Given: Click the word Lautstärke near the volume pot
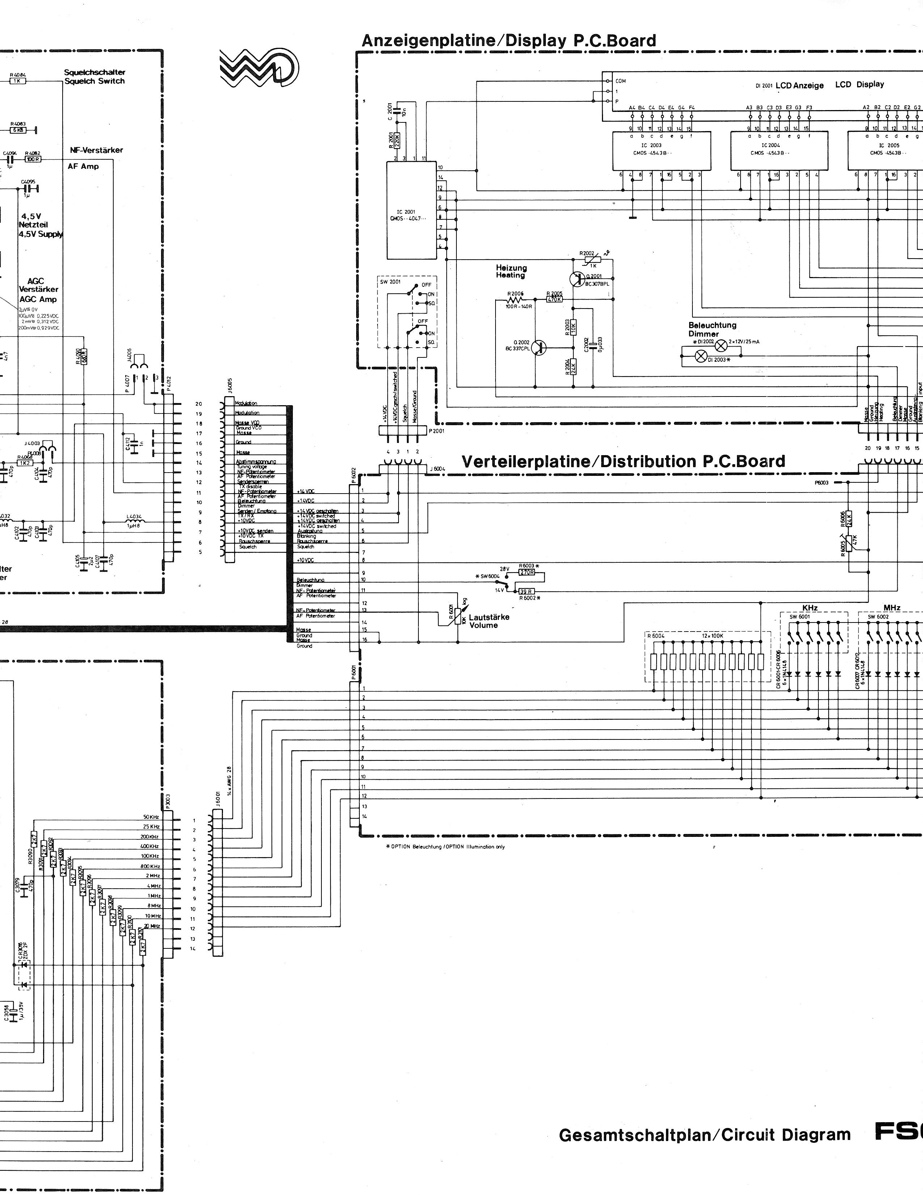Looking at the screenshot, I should pos(489,617).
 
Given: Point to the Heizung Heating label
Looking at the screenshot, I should pos(511,271).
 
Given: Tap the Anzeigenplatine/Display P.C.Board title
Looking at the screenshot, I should pos(509,41).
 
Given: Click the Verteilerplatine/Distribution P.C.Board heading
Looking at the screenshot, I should pos(623,461).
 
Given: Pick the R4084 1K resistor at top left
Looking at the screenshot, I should pos(17,80).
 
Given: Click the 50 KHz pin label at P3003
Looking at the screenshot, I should pos(151,817).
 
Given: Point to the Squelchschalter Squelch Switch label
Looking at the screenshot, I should pos(94,77).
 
